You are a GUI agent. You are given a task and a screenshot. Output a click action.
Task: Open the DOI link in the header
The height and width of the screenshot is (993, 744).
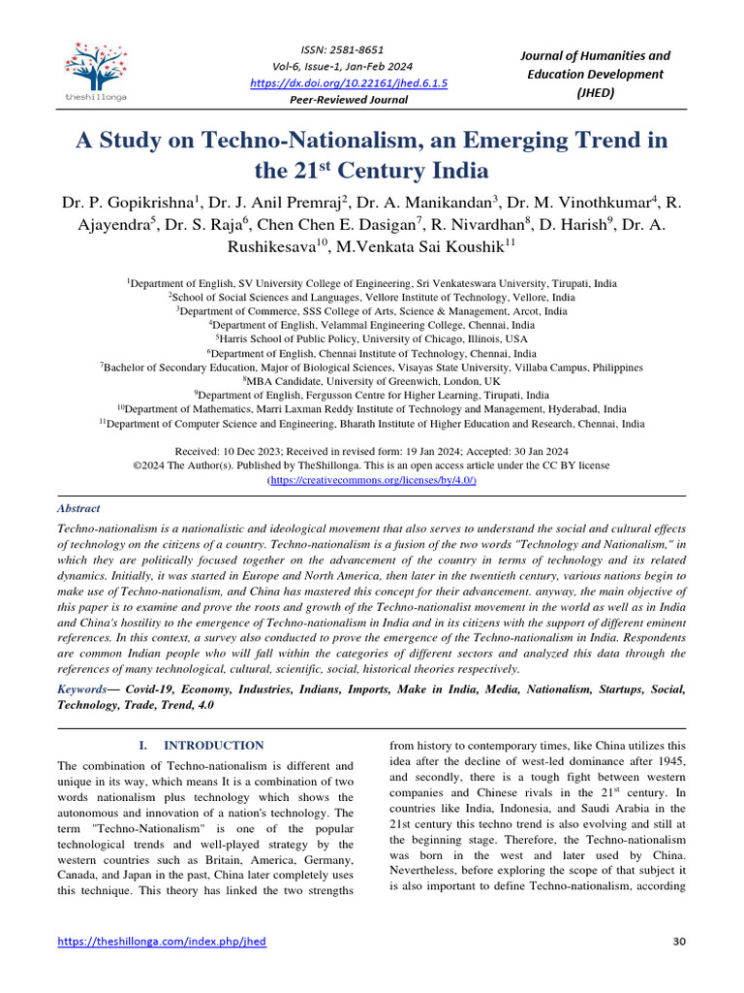click(x=348, y=83)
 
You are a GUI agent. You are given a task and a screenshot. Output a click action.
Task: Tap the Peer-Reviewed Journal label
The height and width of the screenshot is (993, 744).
click(x=349, y=101)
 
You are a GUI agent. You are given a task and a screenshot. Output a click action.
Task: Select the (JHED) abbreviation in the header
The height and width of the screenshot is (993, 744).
click(x=596, y=92)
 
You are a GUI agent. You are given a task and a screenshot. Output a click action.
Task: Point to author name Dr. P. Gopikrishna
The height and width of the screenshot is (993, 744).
click(x=131, y=203)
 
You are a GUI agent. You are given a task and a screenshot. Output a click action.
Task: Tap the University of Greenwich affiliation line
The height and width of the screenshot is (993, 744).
click(x=372, y=382)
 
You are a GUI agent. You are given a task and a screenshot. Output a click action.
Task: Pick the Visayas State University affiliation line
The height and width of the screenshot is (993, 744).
click(x=372, y=368)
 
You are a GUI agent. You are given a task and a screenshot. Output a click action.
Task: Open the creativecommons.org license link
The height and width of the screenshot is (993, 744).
click(x=372, y=480)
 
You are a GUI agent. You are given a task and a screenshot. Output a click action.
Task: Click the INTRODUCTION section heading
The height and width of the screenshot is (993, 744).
click(x=213, y=745)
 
